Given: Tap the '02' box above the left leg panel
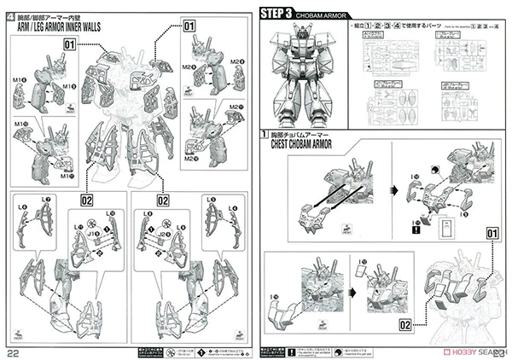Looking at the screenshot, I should pos(86,200).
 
